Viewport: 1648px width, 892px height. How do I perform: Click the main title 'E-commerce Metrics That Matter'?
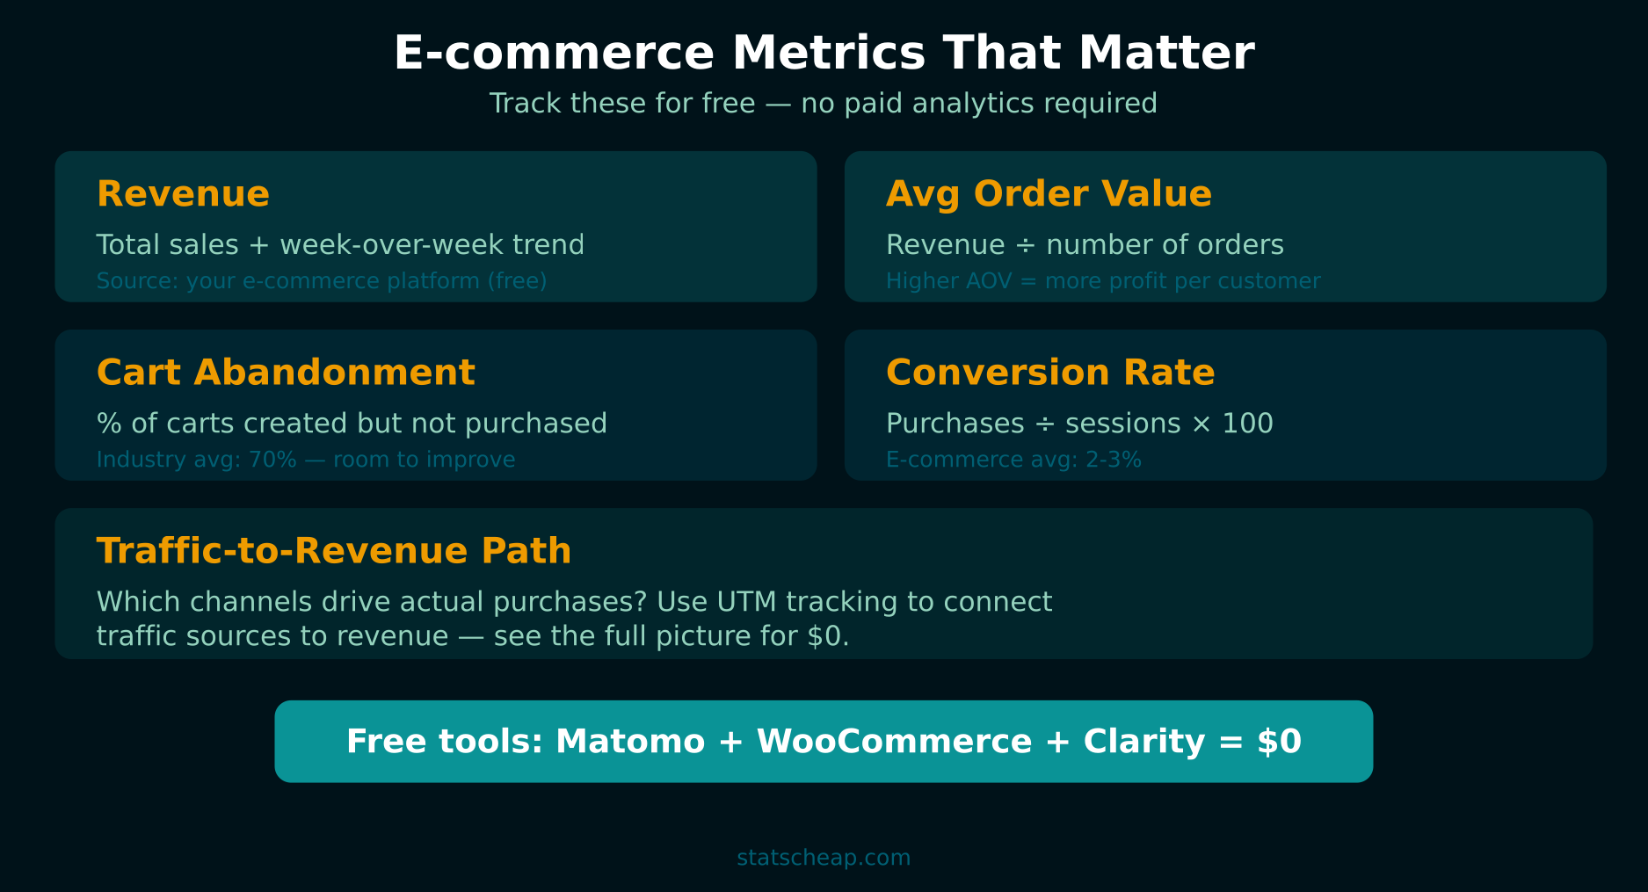(824, 53)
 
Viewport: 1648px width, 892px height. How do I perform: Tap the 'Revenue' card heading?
(183, 193)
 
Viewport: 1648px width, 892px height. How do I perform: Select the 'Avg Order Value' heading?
(1049, 193)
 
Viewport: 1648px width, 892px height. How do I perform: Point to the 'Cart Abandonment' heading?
(286, 373)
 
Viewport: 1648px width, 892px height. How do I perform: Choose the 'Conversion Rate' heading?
(1050, 373)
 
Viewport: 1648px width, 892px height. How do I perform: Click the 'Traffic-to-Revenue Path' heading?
(334, 551)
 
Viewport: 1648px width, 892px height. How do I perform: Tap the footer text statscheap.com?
(824, 858)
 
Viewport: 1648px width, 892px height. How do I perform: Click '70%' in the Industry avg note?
(272, 460)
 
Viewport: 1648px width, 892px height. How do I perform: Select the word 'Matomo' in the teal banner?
(630, 742)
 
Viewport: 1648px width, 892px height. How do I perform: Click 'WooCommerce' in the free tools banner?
(894, 742)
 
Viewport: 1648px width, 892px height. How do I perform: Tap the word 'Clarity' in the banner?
(1144, 742)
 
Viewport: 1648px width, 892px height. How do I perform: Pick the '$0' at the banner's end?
(1279, 742)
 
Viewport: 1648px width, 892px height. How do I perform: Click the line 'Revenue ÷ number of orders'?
(1085, 244)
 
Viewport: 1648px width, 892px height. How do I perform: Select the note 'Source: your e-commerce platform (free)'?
(322, 281)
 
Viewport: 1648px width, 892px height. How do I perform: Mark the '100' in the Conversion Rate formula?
(1247, 424)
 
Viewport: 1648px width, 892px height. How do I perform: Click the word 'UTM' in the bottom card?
(746, 602)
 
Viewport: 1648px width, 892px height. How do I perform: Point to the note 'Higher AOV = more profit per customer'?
(1103, 281)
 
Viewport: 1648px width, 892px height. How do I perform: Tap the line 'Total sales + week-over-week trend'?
(340, 244)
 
